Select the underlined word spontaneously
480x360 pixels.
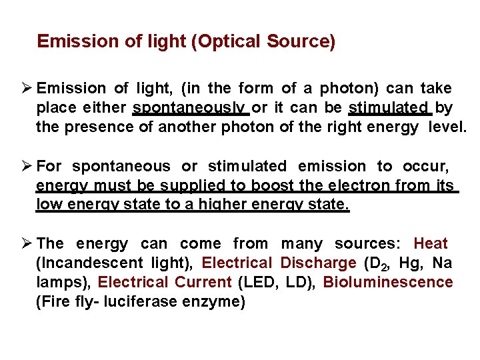(191, 108)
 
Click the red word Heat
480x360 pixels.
(431, 244)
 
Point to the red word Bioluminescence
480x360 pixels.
(387, 282)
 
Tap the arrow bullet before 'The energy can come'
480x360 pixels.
(25, 244)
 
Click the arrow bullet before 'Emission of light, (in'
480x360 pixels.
(25, 89)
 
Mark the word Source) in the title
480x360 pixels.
(301, 42)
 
